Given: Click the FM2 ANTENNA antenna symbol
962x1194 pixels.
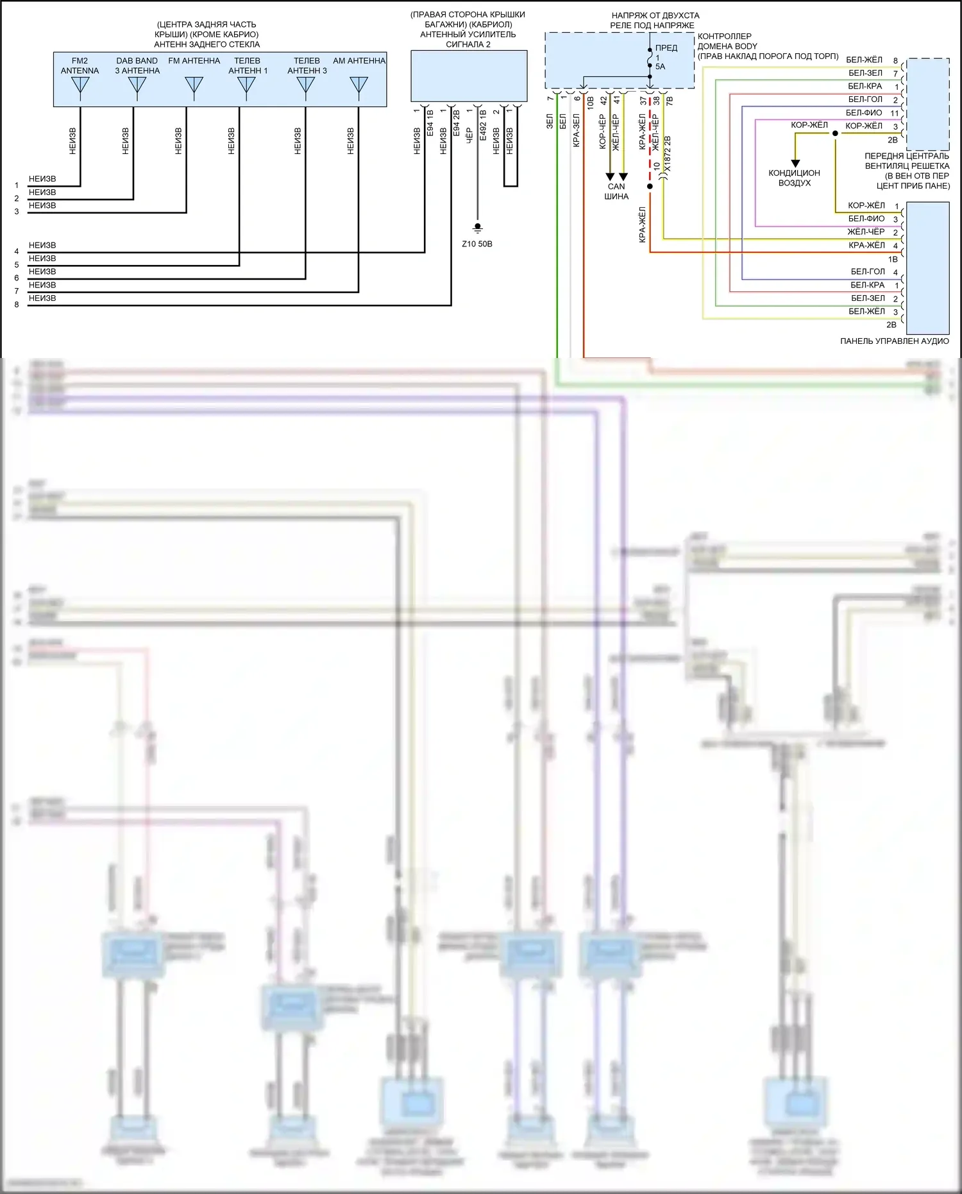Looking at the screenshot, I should coord(80,86).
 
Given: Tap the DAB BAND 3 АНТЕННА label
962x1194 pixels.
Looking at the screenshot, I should coord(137,65).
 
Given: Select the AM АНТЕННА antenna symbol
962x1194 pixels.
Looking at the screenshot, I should coord(359,86).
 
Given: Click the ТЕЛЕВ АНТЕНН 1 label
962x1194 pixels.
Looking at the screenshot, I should coord(248,65).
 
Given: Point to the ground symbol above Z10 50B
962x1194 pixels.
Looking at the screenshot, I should coord(477,228).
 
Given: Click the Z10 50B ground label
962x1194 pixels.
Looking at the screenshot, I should coord(477,244).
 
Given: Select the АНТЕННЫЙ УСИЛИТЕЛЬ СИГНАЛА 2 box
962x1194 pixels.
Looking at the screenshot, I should coord(469,76).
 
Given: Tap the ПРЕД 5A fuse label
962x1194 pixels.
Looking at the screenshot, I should coord(665,56).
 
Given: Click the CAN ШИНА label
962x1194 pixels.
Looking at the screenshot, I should coord(616,191).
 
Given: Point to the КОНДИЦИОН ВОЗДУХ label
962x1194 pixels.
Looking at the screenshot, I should coord(794,178).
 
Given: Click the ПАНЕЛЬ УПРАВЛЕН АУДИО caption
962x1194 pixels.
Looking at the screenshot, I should coord(894,341).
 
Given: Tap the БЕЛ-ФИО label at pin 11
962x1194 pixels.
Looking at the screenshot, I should coord(864,113).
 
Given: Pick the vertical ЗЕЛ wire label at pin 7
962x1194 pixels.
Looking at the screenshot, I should coord(550,121).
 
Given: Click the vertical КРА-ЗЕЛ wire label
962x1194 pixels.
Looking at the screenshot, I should coord(576,131).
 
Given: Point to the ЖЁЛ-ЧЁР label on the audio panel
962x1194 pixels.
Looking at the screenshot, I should coord(866,232).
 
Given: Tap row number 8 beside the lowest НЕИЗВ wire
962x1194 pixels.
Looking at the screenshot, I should coord(17,305).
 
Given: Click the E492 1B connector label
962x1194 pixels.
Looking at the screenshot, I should coord(483,125).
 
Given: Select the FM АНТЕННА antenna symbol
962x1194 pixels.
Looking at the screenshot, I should coord(194,86).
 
